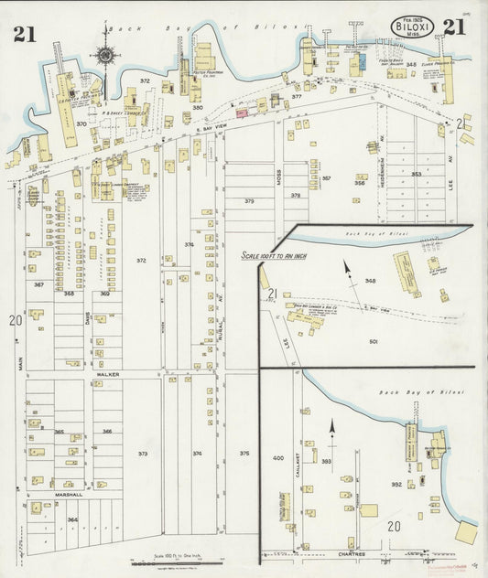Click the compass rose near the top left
pyautogui.click(x=104, y=56)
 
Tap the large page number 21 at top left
pyautogui.click(x=25, y=34)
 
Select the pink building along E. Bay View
pyautogui.click(x=242, y=113)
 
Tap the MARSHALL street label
pyautogui.click(x=68, y=495)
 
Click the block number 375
pyautogui.click(x=244, y=453)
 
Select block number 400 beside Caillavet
pyautogui.click(x=278, y=456)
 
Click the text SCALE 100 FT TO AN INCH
pyautogui.click(x=274, y=256)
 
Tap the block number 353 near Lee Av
pyautogui.click(x=416, y=174)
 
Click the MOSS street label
pyautogui.click(x=278, y=178)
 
